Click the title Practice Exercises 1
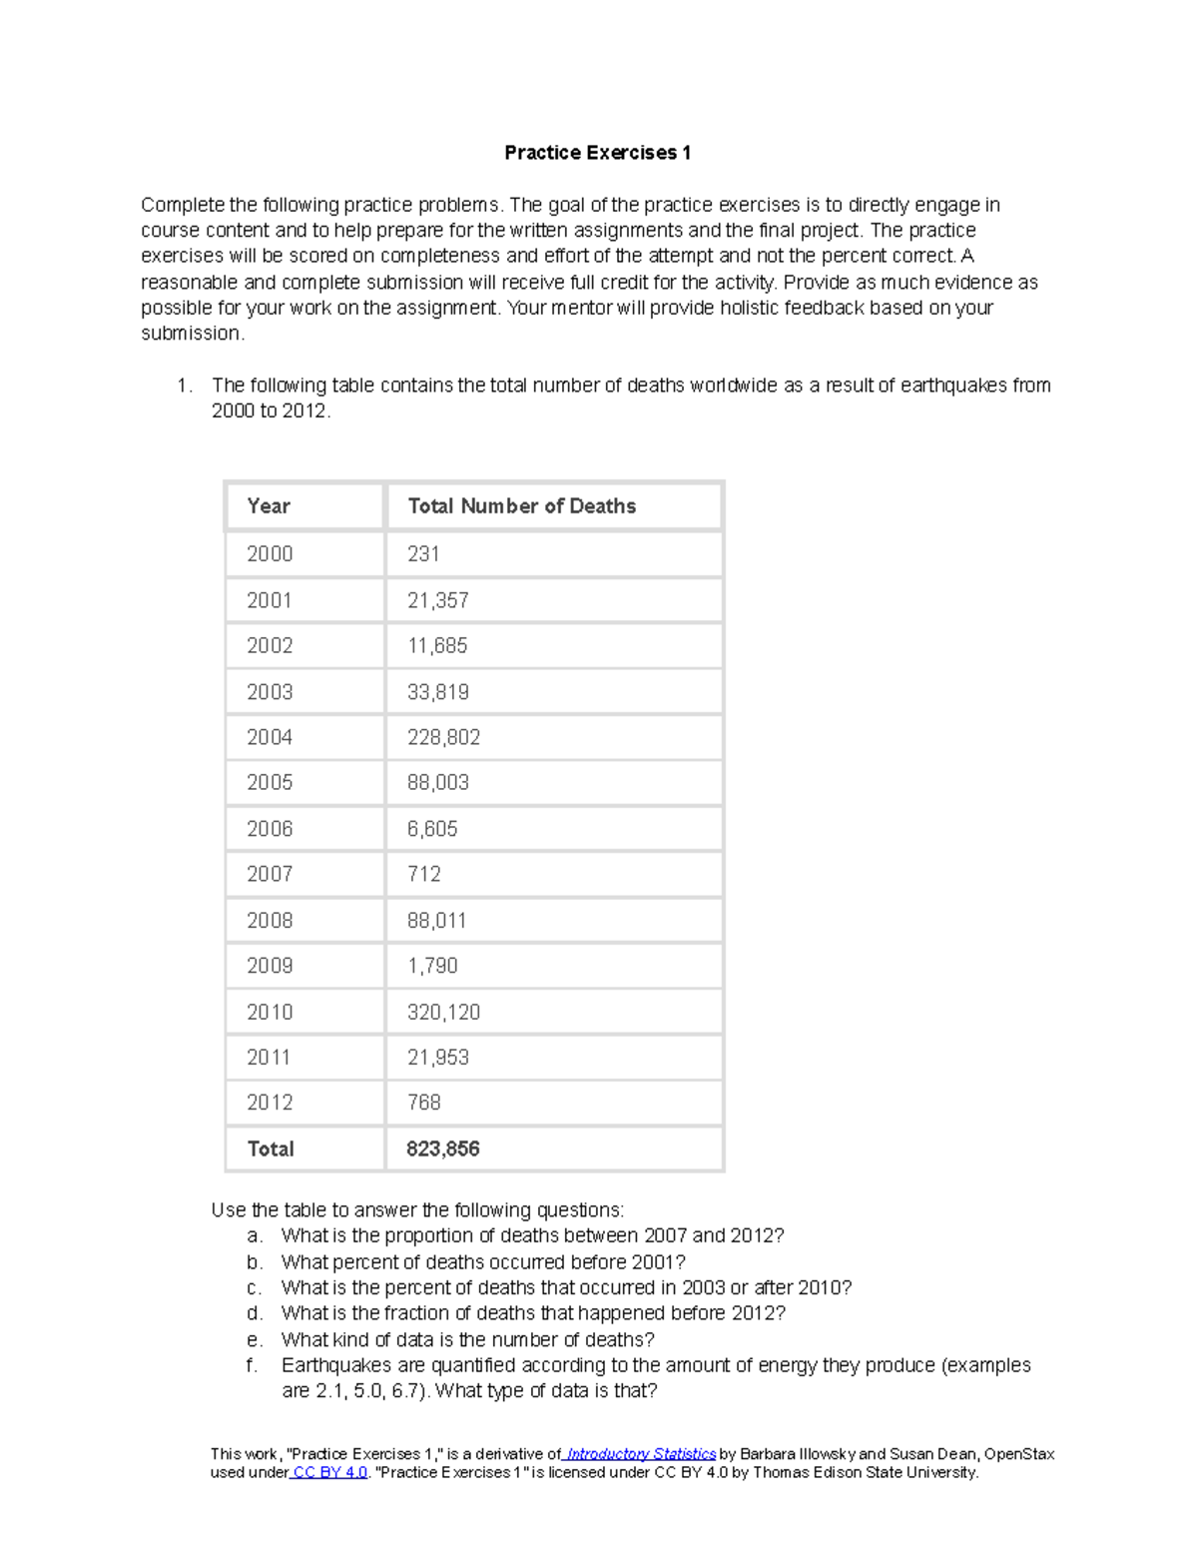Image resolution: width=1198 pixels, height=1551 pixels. click(597, 153)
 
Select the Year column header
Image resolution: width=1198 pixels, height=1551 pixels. click(269, 506)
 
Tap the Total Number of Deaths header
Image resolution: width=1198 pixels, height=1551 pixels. click(521, 506)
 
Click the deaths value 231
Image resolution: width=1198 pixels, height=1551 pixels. click(423, 554)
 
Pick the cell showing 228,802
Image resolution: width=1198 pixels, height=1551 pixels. click(443, 738)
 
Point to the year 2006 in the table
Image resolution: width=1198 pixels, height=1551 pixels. click(270, 829)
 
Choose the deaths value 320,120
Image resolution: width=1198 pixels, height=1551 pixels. click(443, 1013)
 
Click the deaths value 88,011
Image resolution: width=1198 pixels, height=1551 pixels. click(436, 921)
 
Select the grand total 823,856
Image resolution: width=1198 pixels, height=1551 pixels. click(442, 1150)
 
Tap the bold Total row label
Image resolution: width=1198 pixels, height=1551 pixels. click(271, 1150)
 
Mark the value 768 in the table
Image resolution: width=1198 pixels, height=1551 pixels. click(423, 1103)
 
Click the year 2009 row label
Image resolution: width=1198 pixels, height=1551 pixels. click(270, 966)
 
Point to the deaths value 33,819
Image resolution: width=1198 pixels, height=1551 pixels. click(437, 692)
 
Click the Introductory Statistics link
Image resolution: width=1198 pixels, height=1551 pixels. click(641, 1454)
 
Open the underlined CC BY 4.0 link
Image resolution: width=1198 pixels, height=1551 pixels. click(330, 1472)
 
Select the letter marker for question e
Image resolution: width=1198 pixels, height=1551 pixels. click(255, 1340)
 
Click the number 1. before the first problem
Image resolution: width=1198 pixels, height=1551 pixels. click(184, 386)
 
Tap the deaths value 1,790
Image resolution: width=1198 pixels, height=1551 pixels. click(432, 966)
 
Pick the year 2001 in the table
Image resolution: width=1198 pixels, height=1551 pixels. click(270, 600)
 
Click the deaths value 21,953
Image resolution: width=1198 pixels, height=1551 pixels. click(437, 1058)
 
